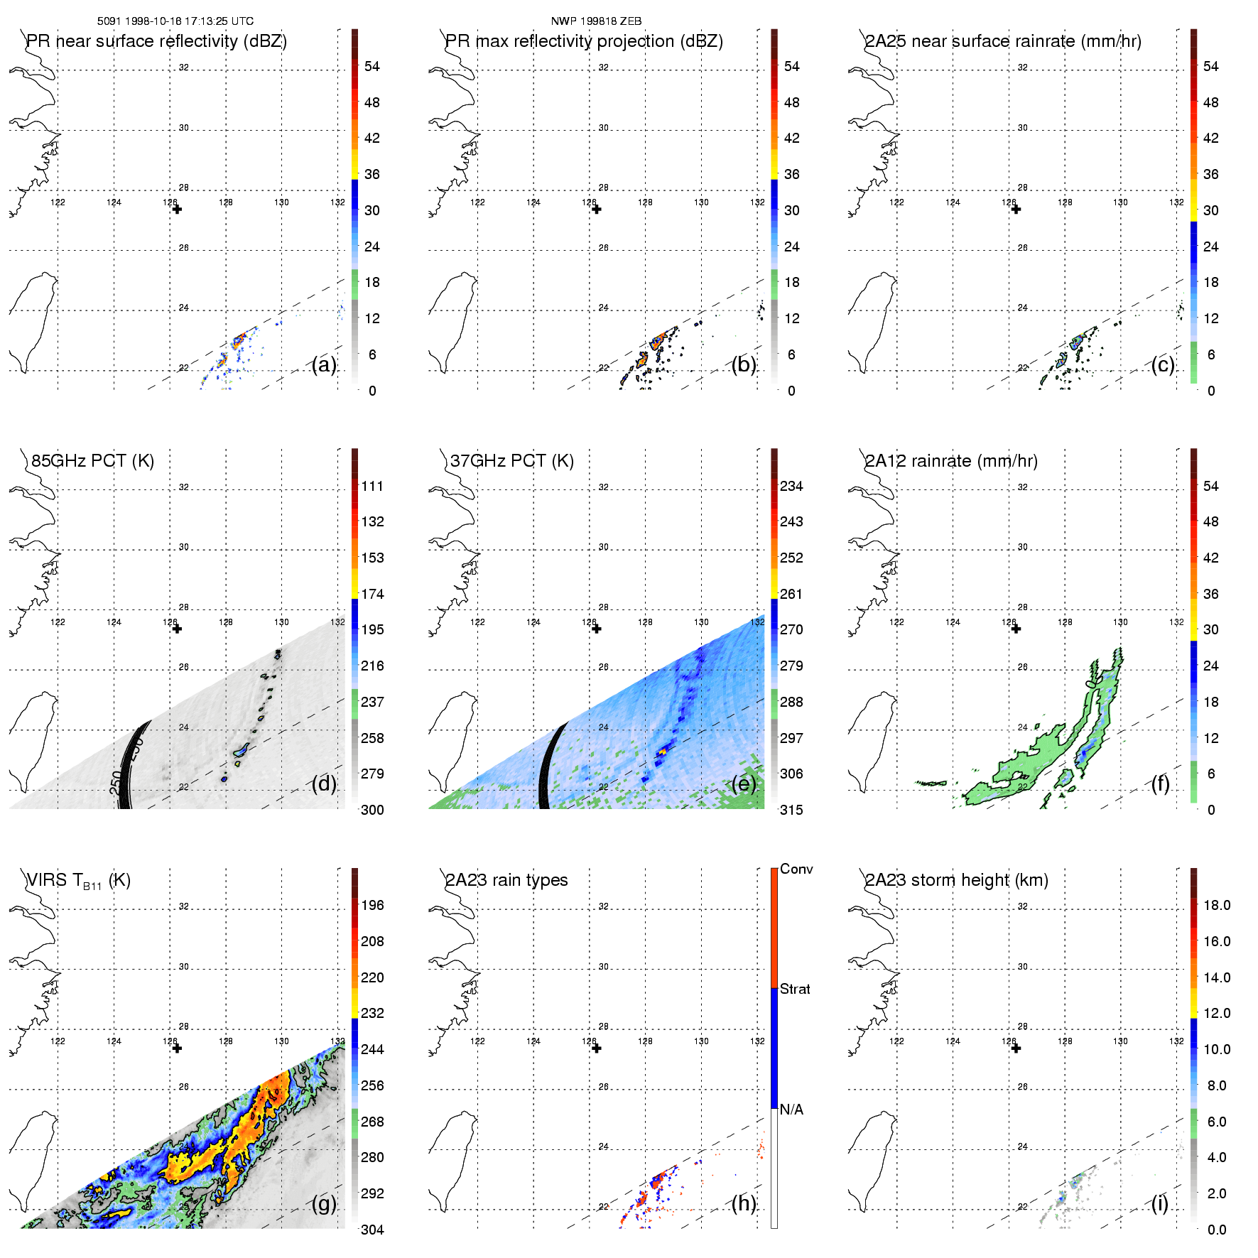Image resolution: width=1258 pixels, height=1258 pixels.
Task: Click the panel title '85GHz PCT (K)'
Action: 92,460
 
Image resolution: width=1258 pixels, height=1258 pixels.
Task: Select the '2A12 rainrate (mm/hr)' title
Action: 951,460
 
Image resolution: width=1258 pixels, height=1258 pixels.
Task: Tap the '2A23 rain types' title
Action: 506,880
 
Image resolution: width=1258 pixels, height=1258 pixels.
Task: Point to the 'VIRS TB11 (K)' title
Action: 78,881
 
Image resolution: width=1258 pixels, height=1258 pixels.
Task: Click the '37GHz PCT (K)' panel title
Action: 511,460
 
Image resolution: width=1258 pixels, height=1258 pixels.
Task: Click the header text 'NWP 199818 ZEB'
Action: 596,21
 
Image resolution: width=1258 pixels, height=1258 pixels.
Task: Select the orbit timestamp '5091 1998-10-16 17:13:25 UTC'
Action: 175,21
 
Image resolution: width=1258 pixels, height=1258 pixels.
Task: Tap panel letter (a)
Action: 324,364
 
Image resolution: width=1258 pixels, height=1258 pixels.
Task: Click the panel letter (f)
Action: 1161,783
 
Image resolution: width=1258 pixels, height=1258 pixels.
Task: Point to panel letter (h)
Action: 744,1203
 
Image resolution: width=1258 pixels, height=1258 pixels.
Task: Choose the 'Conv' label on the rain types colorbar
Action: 796,869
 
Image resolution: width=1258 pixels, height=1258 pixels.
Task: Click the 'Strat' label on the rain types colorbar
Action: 795,989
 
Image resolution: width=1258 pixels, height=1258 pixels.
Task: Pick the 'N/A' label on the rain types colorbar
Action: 791,1110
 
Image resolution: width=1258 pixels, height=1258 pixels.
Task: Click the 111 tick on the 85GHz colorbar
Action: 372,486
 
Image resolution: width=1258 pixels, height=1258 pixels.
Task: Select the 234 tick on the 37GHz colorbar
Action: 791,486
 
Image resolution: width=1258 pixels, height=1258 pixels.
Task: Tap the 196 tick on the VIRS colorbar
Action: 372,905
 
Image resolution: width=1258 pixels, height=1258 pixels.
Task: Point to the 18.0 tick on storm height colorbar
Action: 1216,905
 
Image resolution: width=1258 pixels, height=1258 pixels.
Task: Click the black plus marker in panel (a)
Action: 177,209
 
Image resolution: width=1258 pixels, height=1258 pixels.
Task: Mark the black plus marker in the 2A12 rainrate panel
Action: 1016,629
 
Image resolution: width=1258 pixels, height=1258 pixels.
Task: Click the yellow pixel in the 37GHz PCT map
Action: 663,750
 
